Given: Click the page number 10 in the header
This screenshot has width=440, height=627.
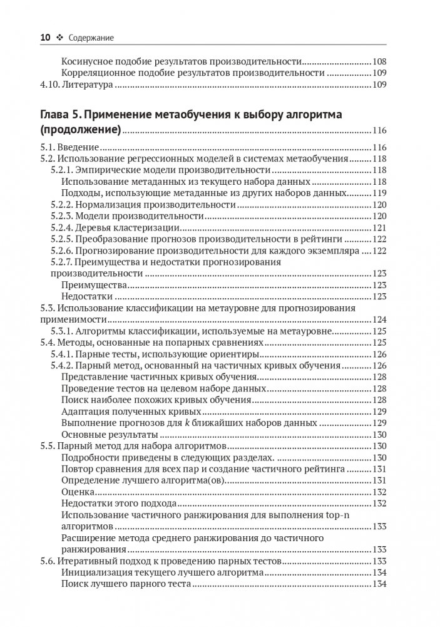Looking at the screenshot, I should tap(45, 38).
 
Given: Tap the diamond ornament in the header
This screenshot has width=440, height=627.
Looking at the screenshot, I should tap(61, 38).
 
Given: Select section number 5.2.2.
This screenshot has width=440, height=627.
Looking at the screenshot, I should tap(63, 204).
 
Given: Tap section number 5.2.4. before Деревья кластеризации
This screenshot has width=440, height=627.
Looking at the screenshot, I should tap(63, 227).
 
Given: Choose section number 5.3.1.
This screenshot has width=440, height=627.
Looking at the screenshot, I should tap(63, 331).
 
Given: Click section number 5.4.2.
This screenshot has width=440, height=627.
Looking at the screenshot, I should tap(63, 365).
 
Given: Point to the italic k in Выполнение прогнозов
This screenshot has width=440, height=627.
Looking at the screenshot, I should tap(186, 423).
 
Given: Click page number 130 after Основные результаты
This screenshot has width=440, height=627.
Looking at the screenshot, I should tap(380, 434).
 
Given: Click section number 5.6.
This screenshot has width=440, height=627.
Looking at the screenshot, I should tap(46, 560).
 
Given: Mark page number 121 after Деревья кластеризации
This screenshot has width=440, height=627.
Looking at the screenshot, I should tap(380, 227).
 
